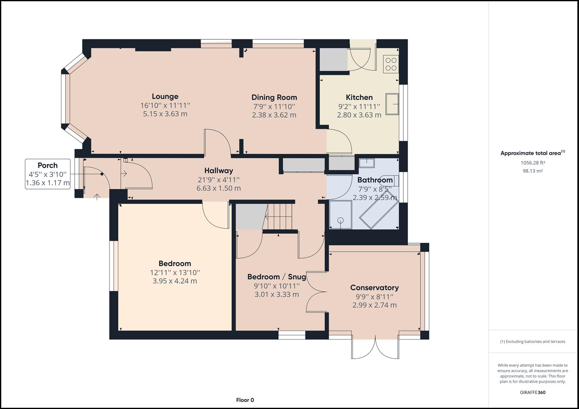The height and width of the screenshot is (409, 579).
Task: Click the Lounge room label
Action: (x=165, y=96)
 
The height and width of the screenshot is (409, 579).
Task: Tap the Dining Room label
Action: (x=274, y=97)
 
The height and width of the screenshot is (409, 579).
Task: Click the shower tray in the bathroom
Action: (x=340, y=215)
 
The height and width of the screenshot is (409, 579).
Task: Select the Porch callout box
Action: (x=48, y=174)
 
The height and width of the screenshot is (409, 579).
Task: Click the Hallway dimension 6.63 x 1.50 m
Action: (x=218, y=188)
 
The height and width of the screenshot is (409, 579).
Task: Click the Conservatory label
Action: (x=374, y=287)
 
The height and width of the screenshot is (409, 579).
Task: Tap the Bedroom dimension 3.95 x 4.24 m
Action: (x=174, y=281)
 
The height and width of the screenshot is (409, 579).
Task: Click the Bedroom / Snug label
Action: (x=276, y=276)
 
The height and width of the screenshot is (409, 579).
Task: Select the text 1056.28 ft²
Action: (x=533, y=163)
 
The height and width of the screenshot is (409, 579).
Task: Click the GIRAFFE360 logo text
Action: (x=532, y=392)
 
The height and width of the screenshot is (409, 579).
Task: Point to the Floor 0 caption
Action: (x=245, y=400)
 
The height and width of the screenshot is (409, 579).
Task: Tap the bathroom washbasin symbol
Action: (x=367, y=163)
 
